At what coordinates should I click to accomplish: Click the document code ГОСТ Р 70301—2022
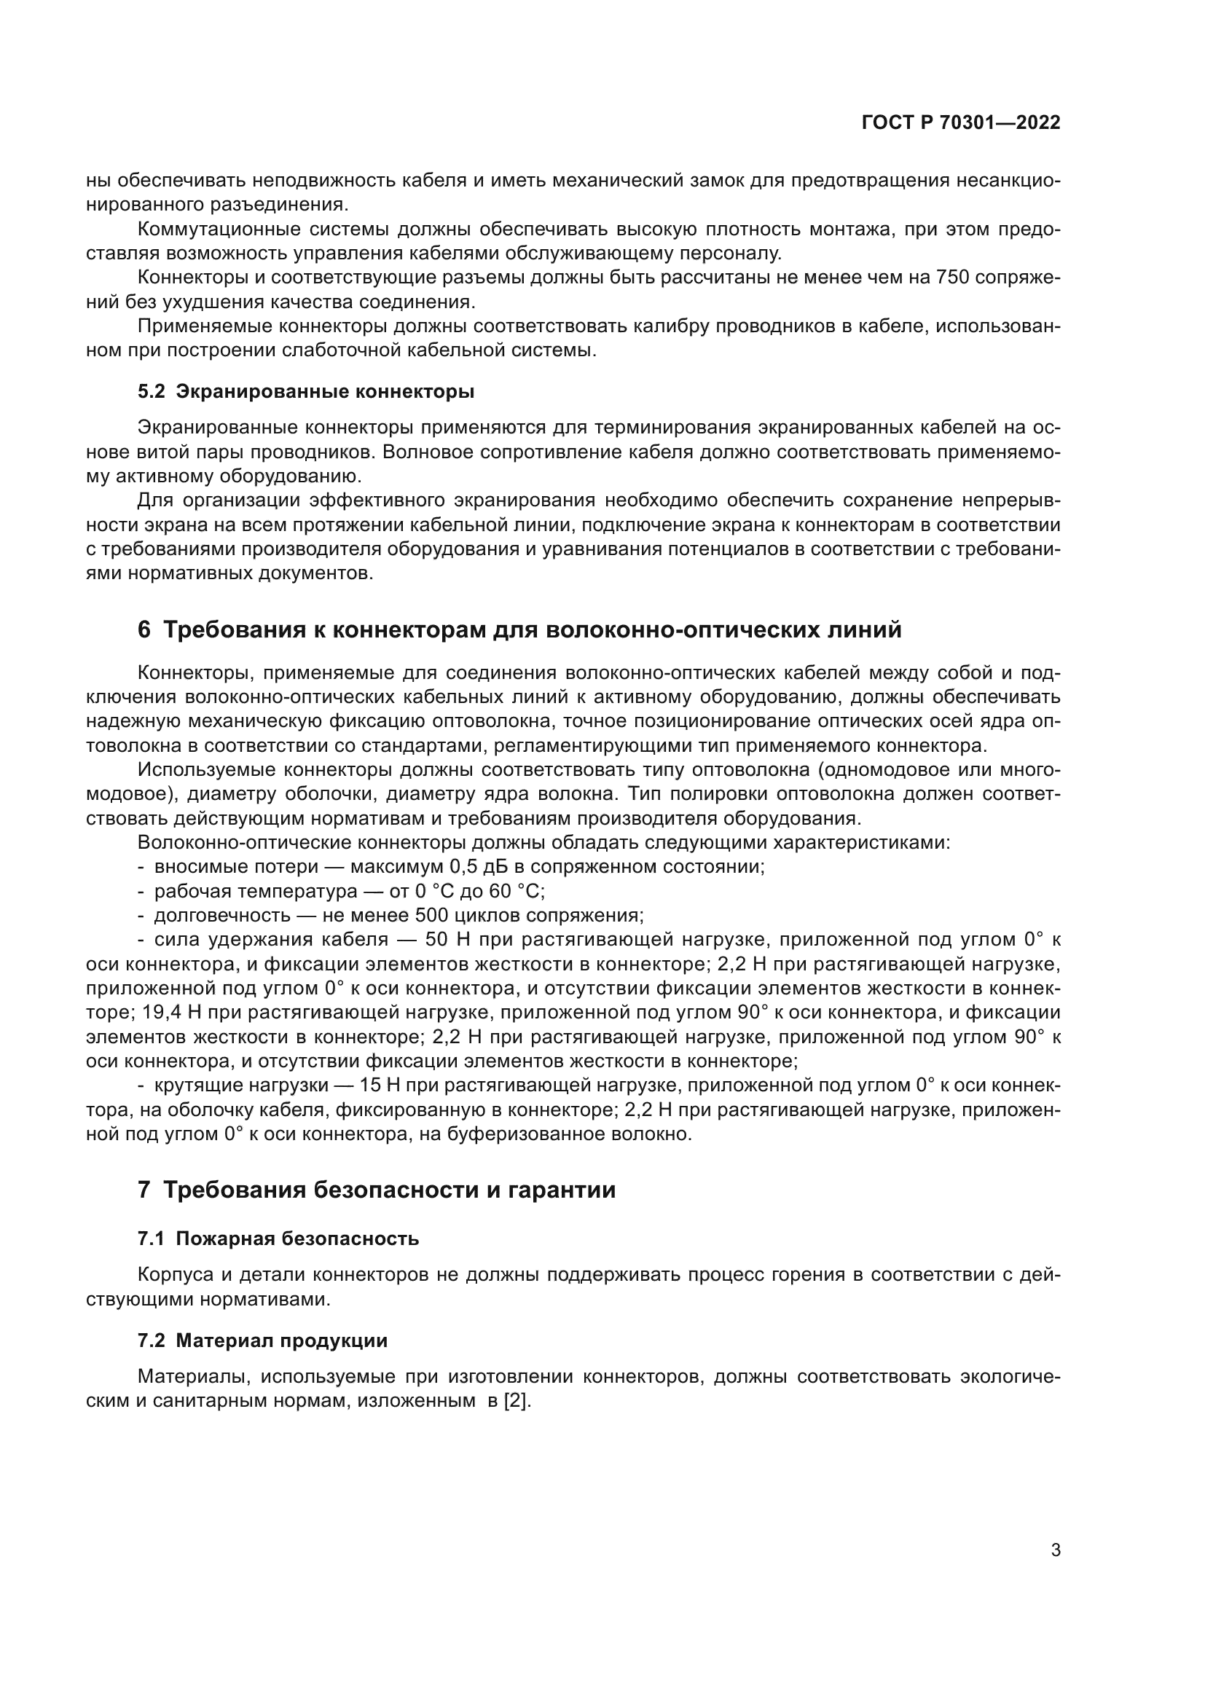coord(961,123)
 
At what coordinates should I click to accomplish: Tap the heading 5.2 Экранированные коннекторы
coord(306,391)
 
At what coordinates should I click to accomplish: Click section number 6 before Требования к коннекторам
coord(144,630)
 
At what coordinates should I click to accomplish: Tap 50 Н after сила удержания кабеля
coord(447,940)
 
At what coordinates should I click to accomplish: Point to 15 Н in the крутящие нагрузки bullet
coord(380,1085)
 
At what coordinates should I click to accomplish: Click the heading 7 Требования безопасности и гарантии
coord(376,1190)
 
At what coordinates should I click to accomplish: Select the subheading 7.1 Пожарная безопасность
coord(278,1238)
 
